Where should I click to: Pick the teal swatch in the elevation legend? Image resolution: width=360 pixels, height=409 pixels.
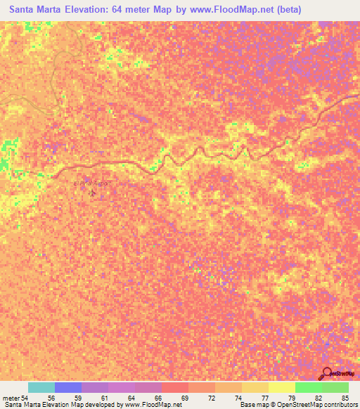[41, 387]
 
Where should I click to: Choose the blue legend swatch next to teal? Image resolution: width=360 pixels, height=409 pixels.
[68, 387]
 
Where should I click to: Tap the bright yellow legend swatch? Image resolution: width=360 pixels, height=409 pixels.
[281, 387]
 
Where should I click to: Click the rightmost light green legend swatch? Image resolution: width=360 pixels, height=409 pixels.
[335, 387]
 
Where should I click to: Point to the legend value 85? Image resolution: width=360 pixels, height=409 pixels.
[344, 398]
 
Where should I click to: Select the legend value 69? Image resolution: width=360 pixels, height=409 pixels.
[184, 398]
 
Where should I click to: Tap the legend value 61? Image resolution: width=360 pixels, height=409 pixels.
[104, 398]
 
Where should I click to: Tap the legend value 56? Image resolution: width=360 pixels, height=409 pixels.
[50, 398]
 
